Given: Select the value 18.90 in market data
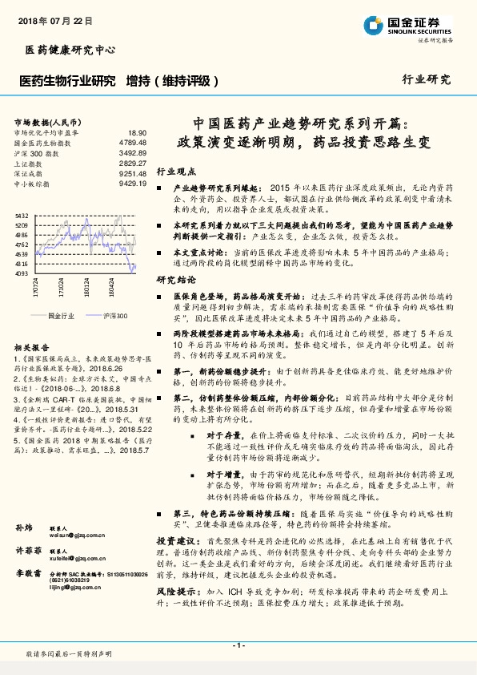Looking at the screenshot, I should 137,132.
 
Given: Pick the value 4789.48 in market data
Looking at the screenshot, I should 133,142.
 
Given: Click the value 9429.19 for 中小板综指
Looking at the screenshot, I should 133,184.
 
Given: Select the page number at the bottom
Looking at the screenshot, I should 238,645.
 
